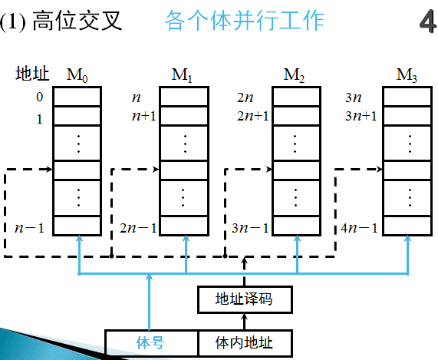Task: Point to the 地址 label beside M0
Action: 32,74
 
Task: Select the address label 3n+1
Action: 361,117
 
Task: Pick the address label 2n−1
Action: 138,228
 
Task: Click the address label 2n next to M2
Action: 245,98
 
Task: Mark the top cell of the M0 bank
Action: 76,97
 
